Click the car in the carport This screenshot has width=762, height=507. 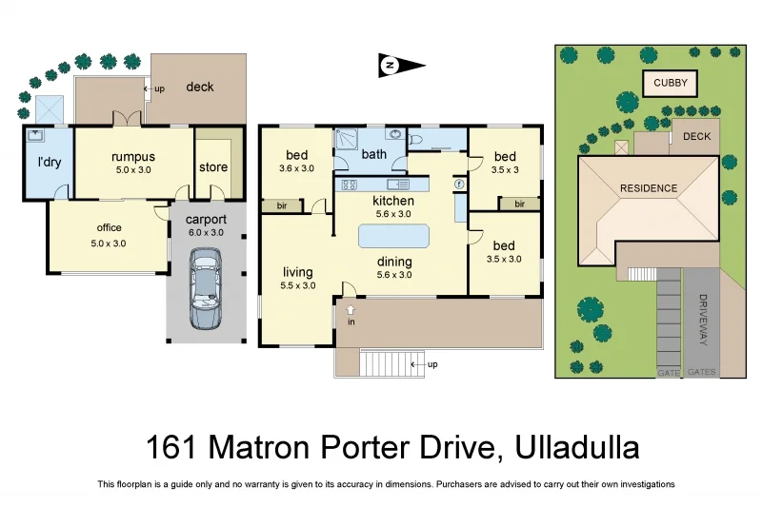205,288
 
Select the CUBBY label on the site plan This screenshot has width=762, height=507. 670,84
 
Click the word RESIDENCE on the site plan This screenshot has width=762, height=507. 649,188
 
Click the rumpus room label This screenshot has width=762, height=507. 133,157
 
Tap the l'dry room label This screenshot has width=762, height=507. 49,162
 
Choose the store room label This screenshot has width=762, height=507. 213,167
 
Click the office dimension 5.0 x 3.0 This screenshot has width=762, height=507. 109,243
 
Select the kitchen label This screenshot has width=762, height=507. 392,201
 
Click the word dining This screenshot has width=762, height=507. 393,262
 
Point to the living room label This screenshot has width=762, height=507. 297,272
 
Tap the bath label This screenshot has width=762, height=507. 374,153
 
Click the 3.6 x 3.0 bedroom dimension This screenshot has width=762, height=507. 296,168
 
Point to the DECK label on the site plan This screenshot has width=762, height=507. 696,136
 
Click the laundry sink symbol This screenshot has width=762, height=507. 37,136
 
